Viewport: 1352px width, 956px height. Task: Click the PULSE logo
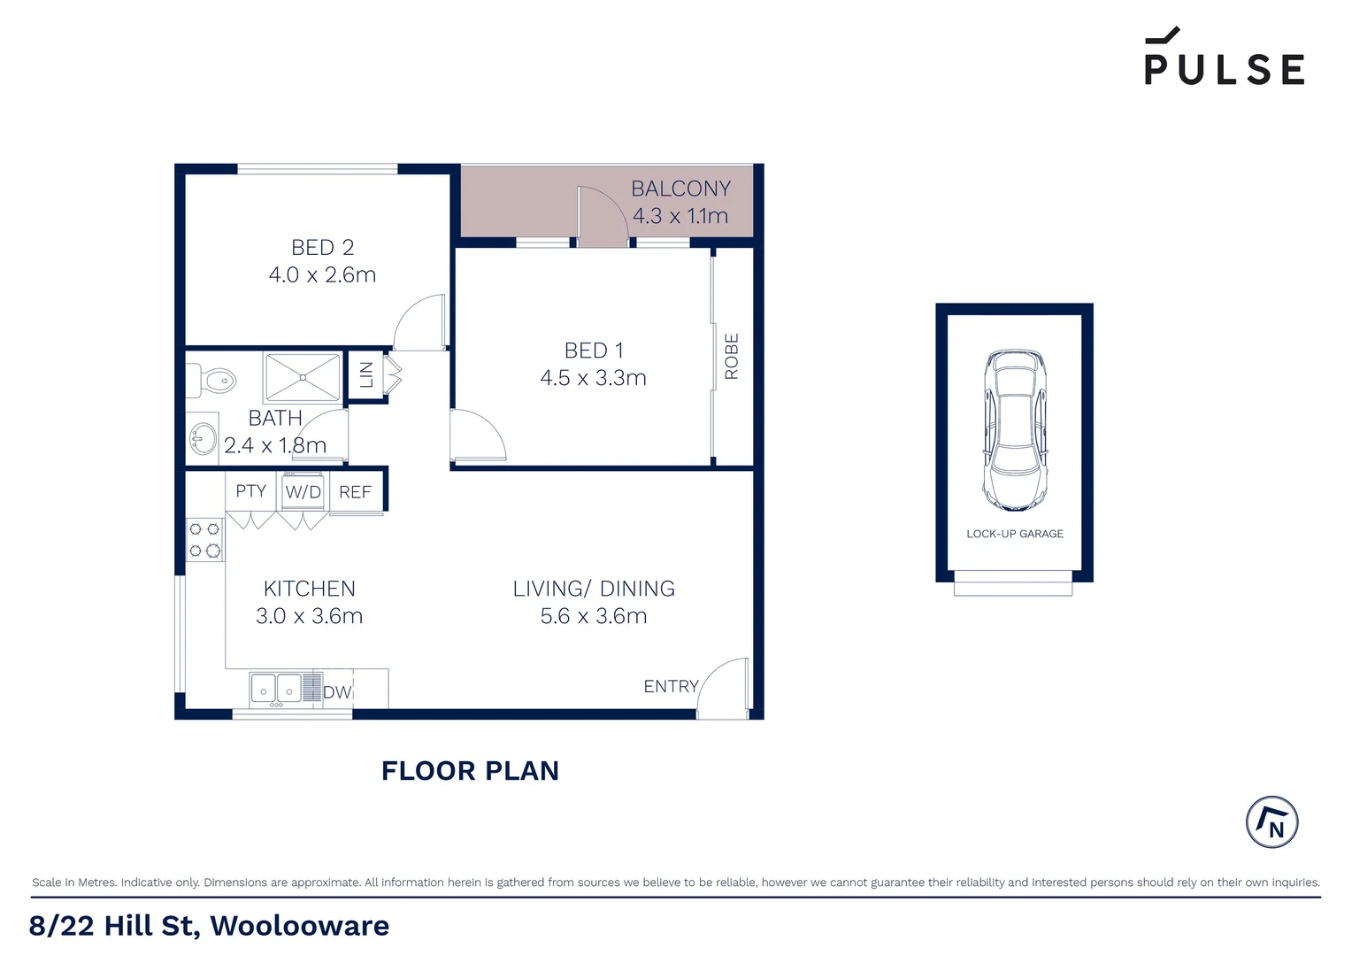(1224, 58)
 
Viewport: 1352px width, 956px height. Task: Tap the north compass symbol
(1271, 822)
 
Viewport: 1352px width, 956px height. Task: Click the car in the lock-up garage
(1015, 430)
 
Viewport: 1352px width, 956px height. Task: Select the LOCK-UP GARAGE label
(1015, 534)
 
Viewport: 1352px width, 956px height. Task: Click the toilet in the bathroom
(213, 382)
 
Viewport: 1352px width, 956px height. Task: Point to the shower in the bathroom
(303, 377)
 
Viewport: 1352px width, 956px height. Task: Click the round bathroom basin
(204, 437)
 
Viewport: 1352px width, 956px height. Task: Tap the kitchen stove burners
(204, 540)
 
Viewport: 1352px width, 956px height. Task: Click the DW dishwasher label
(337, 692)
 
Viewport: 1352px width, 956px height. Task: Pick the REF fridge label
(355, 492)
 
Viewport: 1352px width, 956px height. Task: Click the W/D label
(303, 492)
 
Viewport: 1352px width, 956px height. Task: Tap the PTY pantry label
(250, 491)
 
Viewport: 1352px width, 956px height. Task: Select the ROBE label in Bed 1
(732, 357)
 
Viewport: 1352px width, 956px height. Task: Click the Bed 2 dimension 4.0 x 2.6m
(322, 275)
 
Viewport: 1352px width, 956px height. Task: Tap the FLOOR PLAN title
(470, 771)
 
